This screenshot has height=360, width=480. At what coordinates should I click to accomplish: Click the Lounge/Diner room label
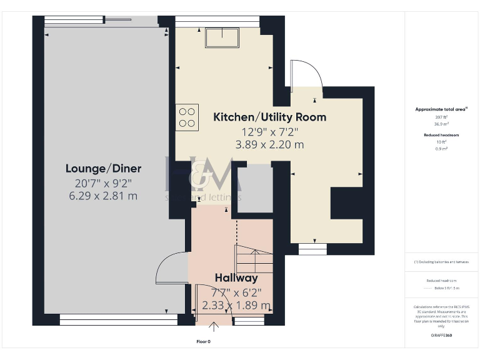click(104, 168)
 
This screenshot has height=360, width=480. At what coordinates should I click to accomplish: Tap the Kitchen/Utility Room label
click(269, 117)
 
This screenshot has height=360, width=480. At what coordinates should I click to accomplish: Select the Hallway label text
click(236, 277)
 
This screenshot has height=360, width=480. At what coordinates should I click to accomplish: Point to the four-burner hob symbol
click(187, 117)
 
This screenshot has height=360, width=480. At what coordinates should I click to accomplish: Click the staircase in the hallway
click(253, 258)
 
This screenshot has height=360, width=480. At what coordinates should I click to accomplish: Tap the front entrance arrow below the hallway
click(214, 325)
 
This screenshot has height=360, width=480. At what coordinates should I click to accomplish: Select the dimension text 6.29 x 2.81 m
click(104, 196)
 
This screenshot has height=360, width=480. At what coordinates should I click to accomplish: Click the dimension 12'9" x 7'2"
click(269, 132)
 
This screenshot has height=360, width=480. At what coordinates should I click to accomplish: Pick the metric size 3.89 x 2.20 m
click(269, 145)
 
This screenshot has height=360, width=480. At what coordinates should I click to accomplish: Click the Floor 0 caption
click(204, 342)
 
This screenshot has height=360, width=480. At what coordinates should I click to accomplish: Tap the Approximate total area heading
click(441, 109)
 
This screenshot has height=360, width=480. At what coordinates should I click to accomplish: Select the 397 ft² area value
click(441, 117)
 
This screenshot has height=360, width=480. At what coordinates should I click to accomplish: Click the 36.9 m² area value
click(441, 123)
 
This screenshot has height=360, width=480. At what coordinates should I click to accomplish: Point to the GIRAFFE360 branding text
click(441, 336)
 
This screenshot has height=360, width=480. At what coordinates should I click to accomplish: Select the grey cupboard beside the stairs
click(254, 187)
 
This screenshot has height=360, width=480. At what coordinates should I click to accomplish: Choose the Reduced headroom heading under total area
click(441, 135)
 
